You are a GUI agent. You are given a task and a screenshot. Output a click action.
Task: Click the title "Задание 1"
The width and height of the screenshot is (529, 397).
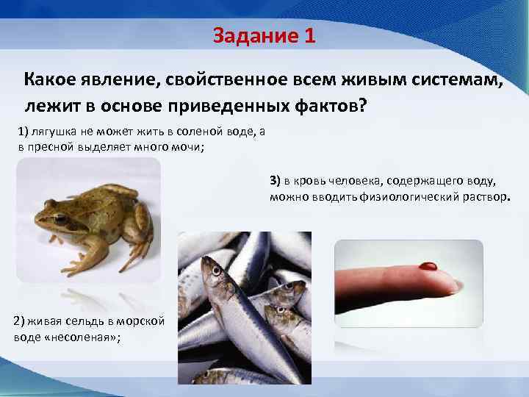click(x=264, y=35)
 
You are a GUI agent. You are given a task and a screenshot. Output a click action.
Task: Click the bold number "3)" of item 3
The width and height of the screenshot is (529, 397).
click(x=276, y=180)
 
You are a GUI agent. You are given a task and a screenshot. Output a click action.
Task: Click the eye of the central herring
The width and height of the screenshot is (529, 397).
click(x=216, y=271)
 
